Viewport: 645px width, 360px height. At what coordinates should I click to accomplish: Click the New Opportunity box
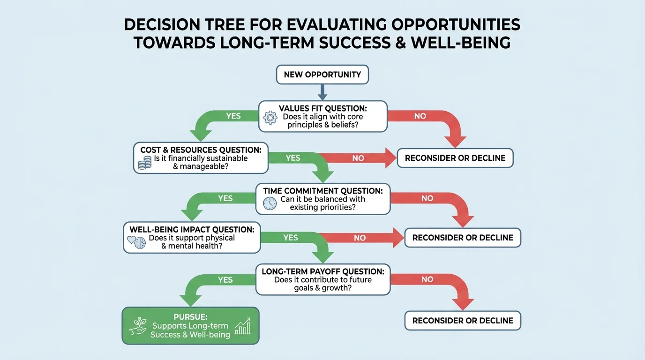(322, 75)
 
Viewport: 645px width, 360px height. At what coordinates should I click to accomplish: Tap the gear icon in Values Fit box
(270, 117)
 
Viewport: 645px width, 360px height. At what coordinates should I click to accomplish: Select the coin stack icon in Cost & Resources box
(145, 163)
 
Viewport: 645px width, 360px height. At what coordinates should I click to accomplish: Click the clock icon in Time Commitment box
(270, 203)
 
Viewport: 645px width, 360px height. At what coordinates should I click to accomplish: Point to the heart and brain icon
(137, 242)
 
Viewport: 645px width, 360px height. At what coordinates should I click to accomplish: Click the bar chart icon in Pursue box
(242, 326)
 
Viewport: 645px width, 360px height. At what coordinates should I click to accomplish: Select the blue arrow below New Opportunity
(322, 92)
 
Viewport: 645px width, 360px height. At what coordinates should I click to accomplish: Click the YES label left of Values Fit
(233, 116)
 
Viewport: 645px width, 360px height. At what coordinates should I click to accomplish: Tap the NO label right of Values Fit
(420, 116)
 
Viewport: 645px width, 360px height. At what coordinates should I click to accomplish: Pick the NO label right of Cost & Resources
(358, 158)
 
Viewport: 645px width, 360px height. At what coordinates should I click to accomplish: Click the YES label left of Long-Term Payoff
(225, 280)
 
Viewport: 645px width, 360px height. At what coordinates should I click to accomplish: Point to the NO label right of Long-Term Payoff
(427, 279)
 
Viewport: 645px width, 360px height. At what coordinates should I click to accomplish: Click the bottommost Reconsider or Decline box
(463, 321)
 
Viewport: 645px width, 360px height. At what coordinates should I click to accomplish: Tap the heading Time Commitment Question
(322, 191)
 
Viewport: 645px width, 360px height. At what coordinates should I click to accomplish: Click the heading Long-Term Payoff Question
(323, 271)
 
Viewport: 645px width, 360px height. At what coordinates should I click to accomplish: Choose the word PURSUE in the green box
(191, 316)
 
